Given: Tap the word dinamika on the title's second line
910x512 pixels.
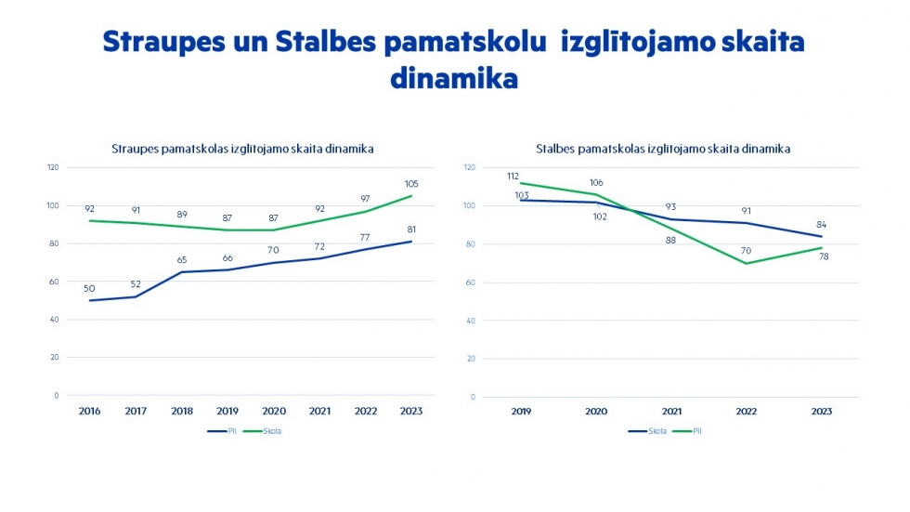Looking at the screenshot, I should pos(453,79).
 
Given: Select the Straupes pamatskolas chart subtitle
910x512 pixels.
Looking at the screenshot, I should pos(242,149).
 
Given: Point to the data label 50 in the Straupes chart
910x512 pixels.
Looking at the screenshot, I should pos(89,288).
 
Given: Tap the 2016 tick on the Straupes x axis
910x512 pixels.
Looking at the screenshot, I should pos(90,411).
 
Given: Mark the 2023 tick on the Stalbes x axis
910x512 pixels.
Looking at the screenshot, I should pos(821,411).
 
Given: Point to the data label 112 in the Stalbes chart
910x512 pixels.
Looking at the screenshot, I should pos(513,176).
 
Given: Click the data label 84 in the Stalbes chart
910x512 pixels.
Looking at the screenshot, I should pos(821,224).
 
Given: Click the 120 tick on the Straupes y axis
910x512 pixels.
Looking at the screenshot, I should pos(53,167).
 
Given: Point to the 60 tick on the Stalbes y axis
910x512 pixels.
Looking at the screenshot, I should pos(472,282).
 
